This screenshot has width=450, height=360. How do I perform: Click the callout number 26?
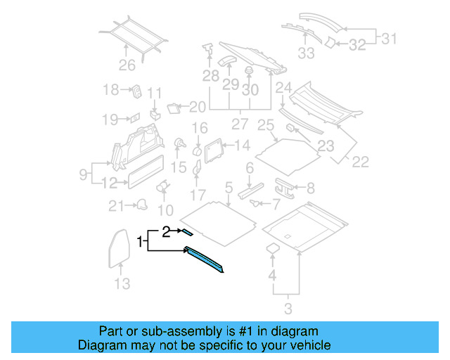(127, 67)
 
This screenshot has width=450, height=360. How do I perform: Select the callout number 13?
(122, 283)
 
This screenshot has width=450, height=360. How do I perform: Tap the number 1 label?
(141, 242)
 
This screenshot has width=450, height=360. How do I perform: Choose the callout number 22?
(360, 162)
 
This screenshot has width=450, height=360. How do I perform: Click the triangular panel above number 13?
(119, 247)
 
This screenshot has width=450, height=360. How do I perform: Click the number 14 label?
(242, 146)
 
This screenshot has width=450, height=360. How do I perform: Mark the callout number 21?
(115, 205)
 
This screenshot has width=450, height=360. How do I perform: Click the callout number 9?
(83, 173)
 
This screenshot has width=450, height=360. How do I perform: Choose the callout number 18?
(111, 89)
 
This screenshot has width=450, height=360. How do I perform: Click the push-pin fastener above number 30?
(248, 71)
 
